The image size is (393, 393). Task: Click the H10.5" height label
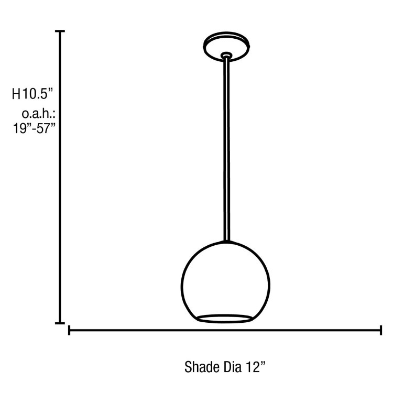[x=34, y=94]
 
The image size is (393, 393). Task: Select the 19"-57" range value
[x=34, y=129]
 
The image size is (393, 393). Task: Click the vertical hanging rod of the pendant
[x=226, y=147]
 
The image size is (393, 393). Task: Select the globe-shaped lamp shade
[x=226, y=278]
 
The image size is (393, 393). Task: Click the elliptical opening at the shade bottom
[x=226, y=318]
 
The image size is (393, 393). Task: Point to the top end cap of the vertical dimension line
[x=61, y=32]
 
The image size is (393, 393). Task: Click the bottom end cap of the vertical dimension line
[x=61, y=323]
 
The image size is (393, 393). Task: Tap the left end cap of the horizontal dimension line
[x=70, y=330]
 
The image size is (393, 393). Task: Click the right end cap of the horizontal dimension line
[x=380, y=330]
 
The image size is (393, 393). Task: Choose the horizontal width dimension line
[x=225, y=330]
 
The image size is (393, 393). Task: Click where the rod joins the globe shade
[x=226, y=241]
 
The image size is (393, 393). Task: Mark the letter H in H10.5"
[x=16, y=94]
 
